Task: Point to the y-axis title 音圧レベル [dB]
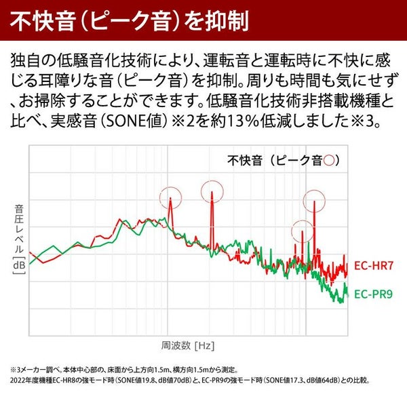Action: [18, 237]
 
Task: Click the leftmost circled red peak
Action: [170, 199]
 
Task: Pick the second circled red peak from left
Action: [212, 192]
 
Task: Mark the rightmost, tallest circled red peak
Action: [315, 201]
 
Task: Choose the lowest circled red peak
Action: [302, 232]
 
